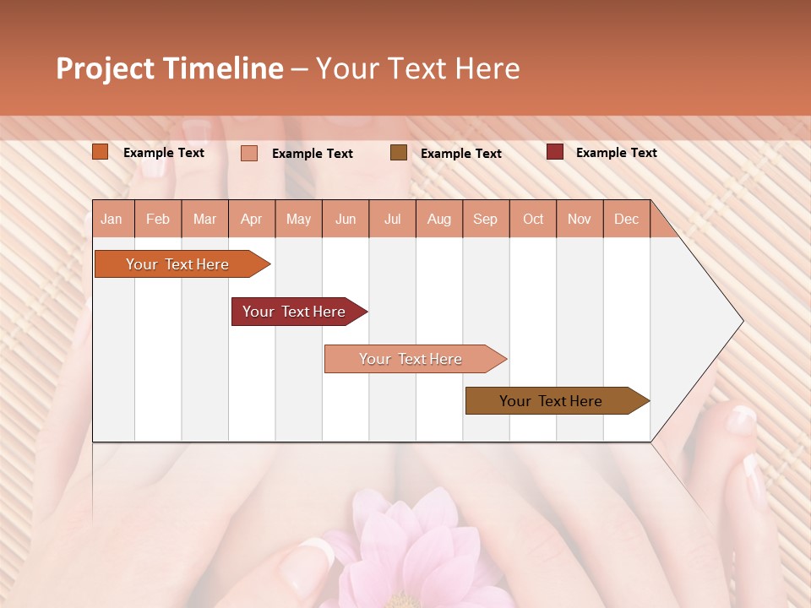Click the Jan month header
tap(112, 220)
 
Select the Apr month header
tap(251, 220)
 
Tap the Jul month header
tap(392, 220)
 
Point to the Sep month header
tap(485, 220)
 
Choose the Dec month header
tap(626, 220)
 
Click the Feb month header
tap(158, 220)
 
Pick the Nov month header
tap(579, 220)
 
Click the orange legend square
tap(101, 152)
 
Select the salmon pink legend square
tap(249, 153)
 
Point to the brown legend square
tap(399, 153)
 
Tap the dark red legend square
tap(555, 152)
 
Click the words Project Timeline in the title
tap(169, 68)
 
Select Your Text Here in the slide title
tap(417, 68)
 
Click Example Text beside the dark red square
tap(616, 153)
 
